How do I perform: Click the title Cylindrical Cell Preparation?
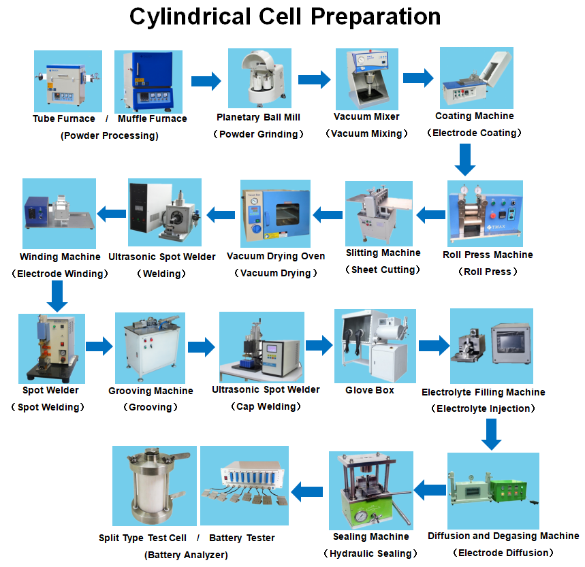(285, 16)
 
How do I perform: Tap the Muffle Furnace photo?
(149, 81)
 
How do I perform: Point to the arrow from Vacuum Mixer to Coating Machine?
(417, 78)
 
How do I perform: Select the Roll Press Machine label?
(488, 255)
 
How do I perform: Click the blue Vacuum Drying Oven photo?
(275, 213)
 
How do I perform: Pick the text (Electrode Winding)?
(59, 274)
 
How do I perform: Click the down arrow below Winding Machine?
(58, 296)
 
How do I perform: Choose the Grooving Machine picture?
(150, 347)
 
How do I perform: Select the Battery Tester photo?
(244, 486)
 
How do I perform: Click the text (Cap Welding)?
(265, 406)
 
